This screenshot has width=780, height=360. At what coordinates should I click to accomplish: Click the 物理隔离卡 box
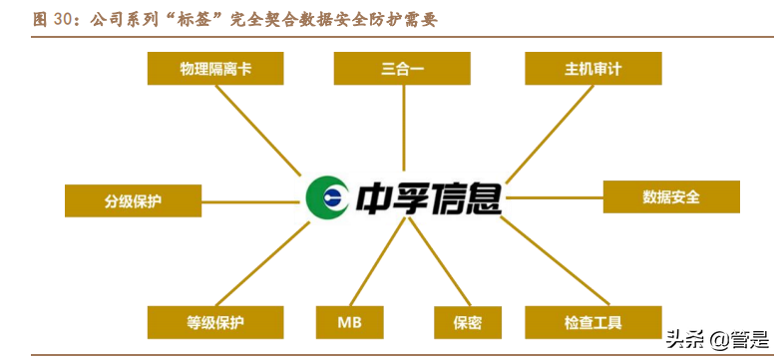tap(215, 69)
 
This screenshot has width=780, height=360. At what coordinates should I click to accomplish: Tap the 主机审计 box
tap(592, 69)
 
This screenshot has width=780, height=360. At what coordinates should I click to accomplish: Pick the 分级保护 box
tap(133, 200)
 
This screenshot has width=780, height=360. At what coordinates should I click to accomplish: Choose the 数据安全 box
tap(671, 196)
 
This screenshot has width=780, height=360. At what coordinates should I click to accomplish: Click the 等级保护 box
tap(215, 322)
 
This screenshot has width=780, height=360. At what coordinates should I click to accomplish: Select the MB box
tap(349, 322)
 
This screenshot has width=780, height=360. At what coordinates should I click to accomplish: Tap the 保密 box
tap(467, 322)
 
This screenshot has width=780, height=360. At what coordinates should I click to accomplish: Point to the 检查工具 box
tap(592, 322)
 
